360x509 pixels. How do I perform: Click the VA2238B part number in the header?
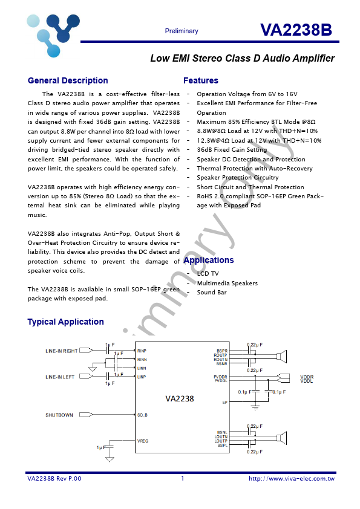(x=296, y=31)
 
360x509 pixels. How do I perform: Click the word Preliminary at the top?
(x=181, y=31)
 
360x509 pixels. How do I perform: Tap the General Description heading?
(x=68, y=80)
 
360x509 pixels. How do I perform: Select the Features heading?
(x=200, y=80)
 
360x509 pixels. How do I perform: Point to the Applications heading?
(x=208, y=260)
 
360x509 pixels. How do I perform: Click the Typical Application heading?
(x=65, y=322)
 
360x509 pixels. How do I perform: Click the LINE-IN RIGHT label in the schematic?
(x=62, y=351)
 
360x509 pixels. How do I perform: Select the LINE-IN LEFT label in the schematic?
(x=60, y=377)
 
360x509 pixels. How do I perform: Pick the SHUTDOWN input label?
(x=59, y=415)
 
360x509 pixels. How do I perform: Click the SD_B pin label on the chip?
(x=143, y=415)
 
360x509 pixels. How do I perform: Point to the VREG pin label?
(x=143, y=441)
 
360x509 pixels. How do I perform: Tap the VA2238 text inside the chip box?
(x=180, y=398)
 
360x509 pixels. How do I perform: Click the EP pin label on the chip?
(x=224, y=402)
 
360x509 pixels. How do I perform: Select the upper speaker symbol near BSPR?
(x=281, y=357)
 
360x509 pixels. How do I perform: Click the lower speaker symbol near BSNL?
(x=281, y=438)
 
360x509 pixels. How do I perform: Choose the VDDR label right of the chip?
(x=307, y=377)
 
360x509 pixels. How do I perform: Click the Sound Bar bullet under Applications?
(x=212, y=293)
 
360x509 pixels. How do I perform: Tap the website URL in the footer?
(x=292, y=479)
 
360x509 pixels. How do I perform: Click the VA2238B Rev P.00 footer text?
(x=54, y=479)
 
